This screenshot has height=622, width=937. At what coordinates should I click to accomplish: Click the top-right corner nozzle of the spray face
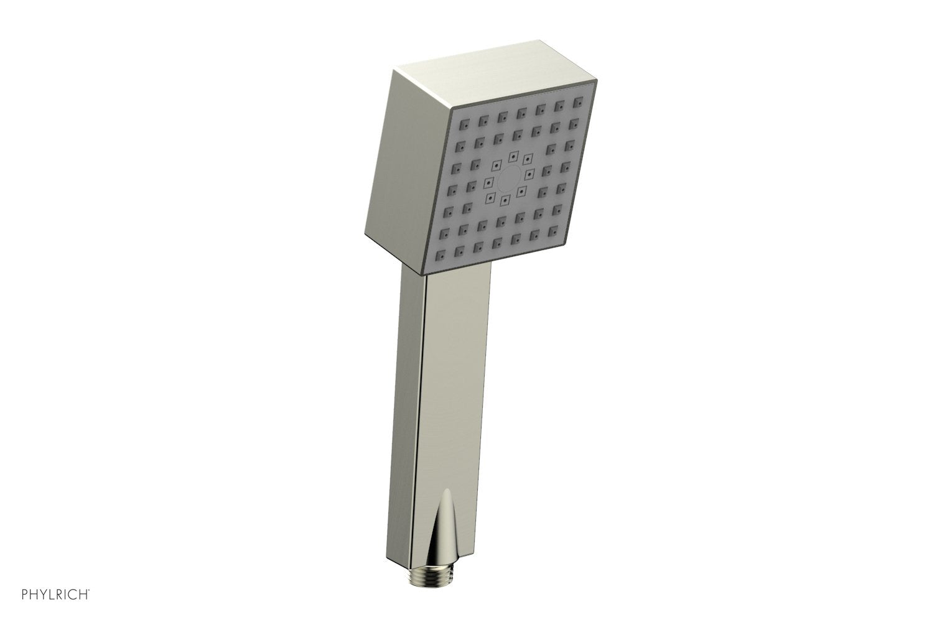click(580, 100)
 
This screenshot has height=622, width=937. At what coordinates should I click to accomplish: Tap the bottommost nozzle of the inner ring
click(505, 200)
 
